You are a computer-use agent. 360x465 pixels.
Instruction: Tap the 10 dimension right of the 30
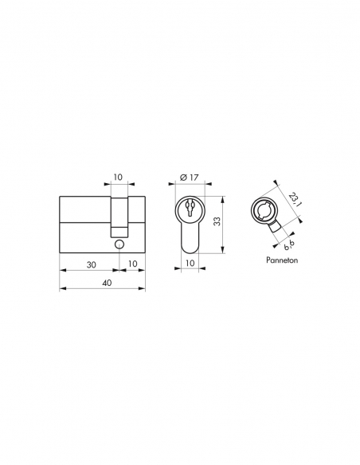(x=131, y=264)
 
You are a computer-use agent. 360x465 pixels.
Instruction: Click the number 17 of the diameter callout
(x=194, y=177)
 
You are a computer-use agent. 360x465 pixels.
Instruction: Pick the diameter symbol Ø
(x=183, y=177)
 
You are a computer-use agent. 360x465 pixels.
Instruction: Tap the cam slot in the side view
(x=119, y=215)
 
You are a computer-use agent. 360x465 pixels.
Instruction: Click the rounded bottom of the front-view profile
(x=190, y=248)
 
